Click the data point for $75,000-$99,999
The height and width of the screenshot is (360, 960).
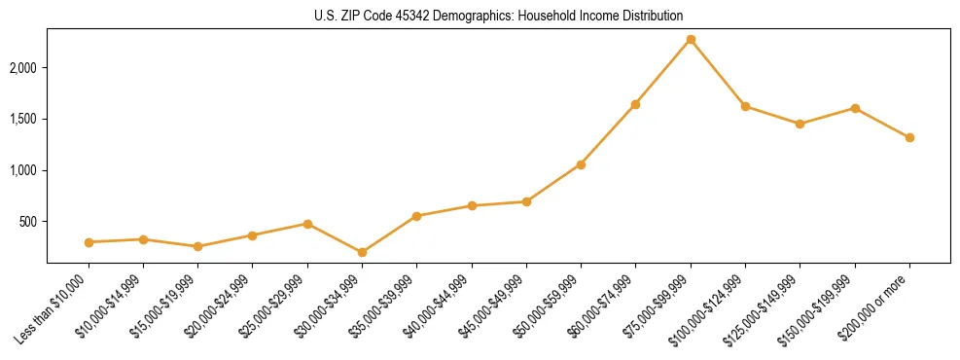click(x=691, y=40)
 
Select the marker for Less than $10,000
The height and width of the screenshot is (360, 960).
click(x=89, y=242)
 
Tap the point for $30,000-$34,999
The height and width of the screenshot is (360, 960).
click(x=362, y=253)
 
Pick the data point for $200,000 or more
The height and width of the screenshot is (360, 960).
click(x=909, y=138)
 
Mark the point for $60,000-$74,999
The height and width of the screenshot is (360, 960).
click(x=635, y=104)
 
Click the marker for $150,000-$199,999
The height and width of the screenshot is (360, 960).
click(x=855, y=108)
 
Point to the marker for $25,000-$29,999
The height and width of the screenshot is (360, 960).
click(x=307, y=224)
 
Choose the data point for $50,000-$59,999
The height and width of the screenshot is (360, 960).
click(x=581, y=164)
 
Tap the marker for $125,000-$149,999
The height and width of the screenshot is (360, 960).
click(x=800, y=124)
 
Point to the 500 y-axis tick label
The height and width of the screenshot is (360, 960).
click(x=28, y=222)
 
